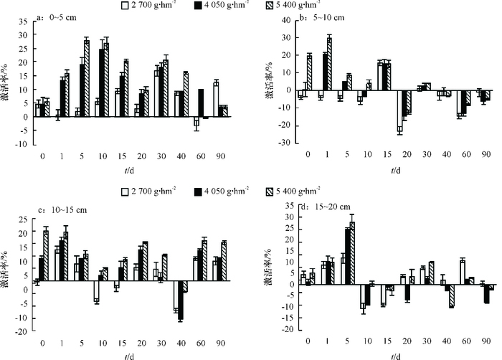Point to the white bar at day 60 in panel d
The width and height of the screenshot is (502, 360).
coord(463,272)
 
